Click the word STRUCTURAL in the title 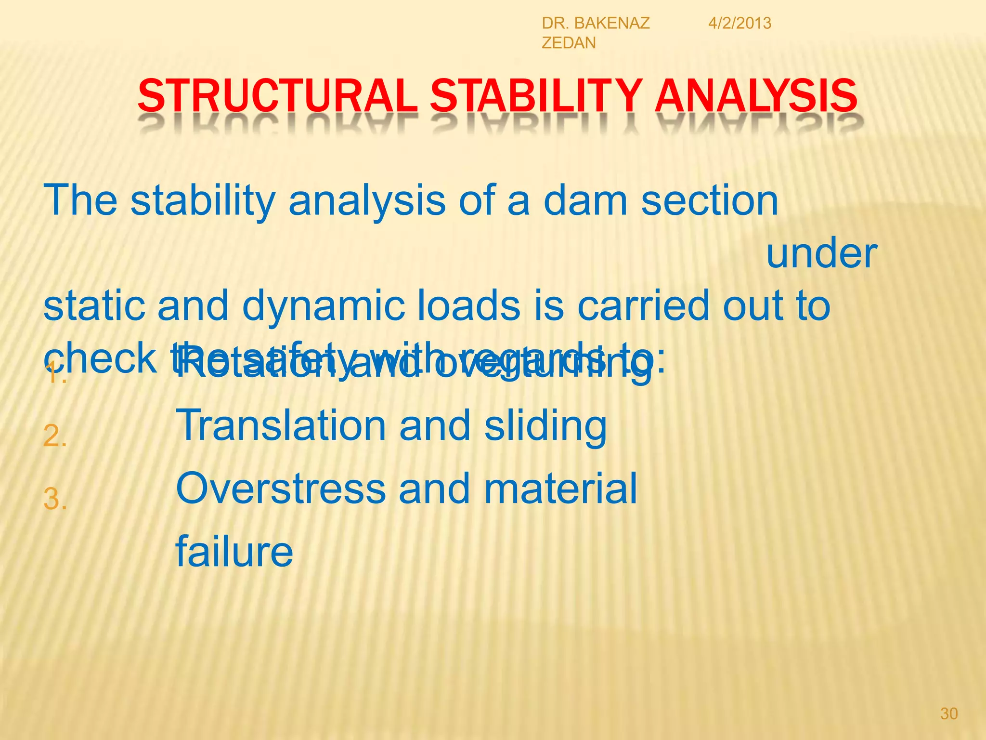click(x=277, y=96)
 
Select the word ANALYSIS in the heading click(x=756, y=96)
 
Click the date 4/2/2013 click(x=739, y=23)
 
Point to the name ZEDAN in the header click(x=569, y=43)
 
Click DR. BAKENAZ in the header click(x=596, y=23)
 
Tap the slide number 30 click(x=948, y=714)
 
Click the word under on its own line click(x=821, y=254)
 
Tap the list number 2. click(x=54, y=436)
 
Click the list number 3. click(x=54, y=499)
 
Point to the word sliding click(x=545, y=426)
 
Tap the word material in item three click(x=560, y=489)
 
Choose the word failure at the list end click(x=234, y=552)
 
